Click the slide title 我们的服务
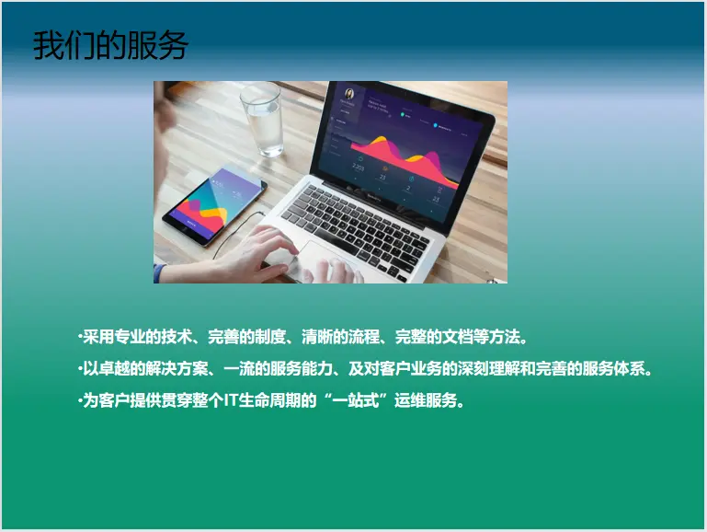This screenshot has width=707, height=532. (110, 45)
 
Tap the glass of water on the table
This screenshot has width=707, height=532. (263, 120)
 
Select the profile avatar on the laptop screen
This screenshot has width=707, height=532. (349, 93)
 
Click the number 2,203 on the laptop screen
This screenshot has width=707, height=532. (358, 168)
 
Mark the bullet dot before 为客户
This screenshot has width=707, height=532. (80, 399)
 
